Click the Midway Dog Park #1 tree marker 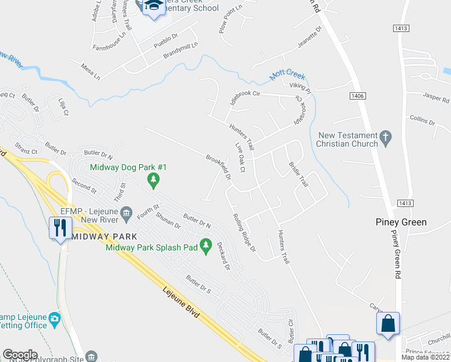pos(154,179)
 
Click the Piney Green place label pos(400,222)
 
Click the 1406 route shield pos(358,96)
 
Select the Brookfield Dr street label pos(219,167)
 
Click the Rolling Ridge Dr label pos(245,232)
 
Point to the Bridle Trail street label pos(298,173)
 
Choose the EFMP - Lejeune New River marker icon pos(126,211)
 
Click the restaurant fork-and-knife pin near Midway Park pos(60,227)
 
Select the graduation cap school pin pos(153,5)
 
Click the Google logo pos(20,354)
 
